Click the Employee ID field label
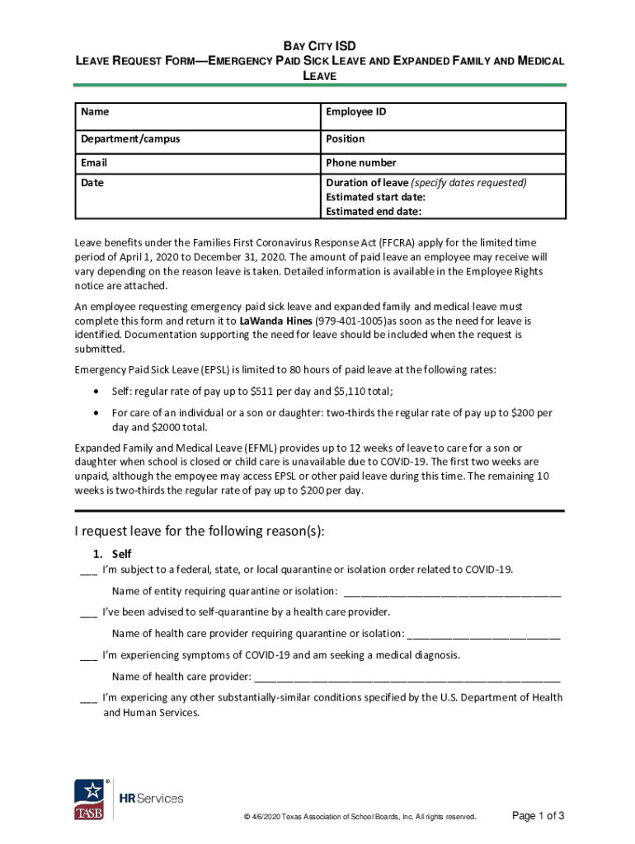(355, 112)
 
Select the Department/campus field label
(130, 138)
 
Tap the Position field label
(345, 138)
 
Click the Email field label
(94, 162)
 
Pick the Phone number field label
(360, 162)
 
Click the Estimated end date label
(374, 211)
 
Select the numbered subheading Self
(121, 554)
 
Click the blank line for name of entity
(452, 592)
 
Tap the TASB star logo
(90, 798)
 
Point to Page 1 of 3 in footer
(538, 816)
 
